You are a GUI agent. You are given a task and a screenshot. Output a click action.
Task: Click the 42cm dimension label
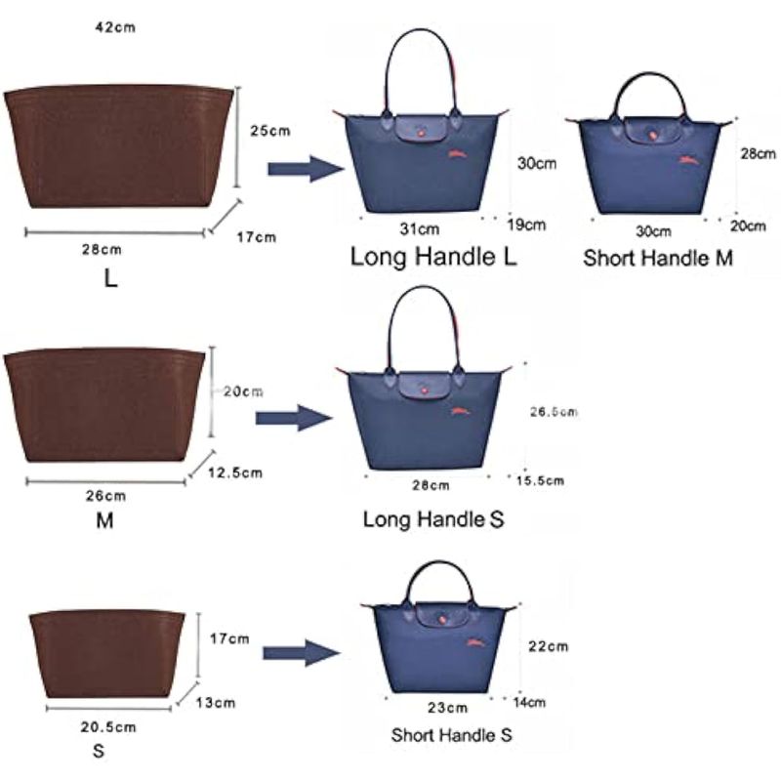point(114,27)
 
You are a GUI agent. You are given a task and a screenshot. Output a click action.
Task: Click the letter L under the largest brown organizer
point(111,278)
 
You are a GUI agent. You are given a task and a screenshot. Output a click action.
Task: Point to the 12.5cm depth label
point(236,473)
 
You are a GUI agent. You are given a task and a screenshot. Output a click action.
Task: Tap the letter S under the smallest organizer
point(98,753)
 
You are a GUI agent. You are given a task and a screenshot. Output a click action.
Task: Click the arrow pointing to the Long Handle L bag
point(306,169)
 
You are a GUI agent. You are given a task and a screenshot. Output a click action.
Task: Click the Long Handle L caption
point(433,259)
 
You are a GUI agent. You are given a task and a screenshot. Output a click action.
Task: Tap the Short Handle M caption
point(658,259)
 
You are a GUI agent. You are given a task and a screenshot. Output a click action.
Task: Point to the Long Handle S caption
point(433,519)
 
